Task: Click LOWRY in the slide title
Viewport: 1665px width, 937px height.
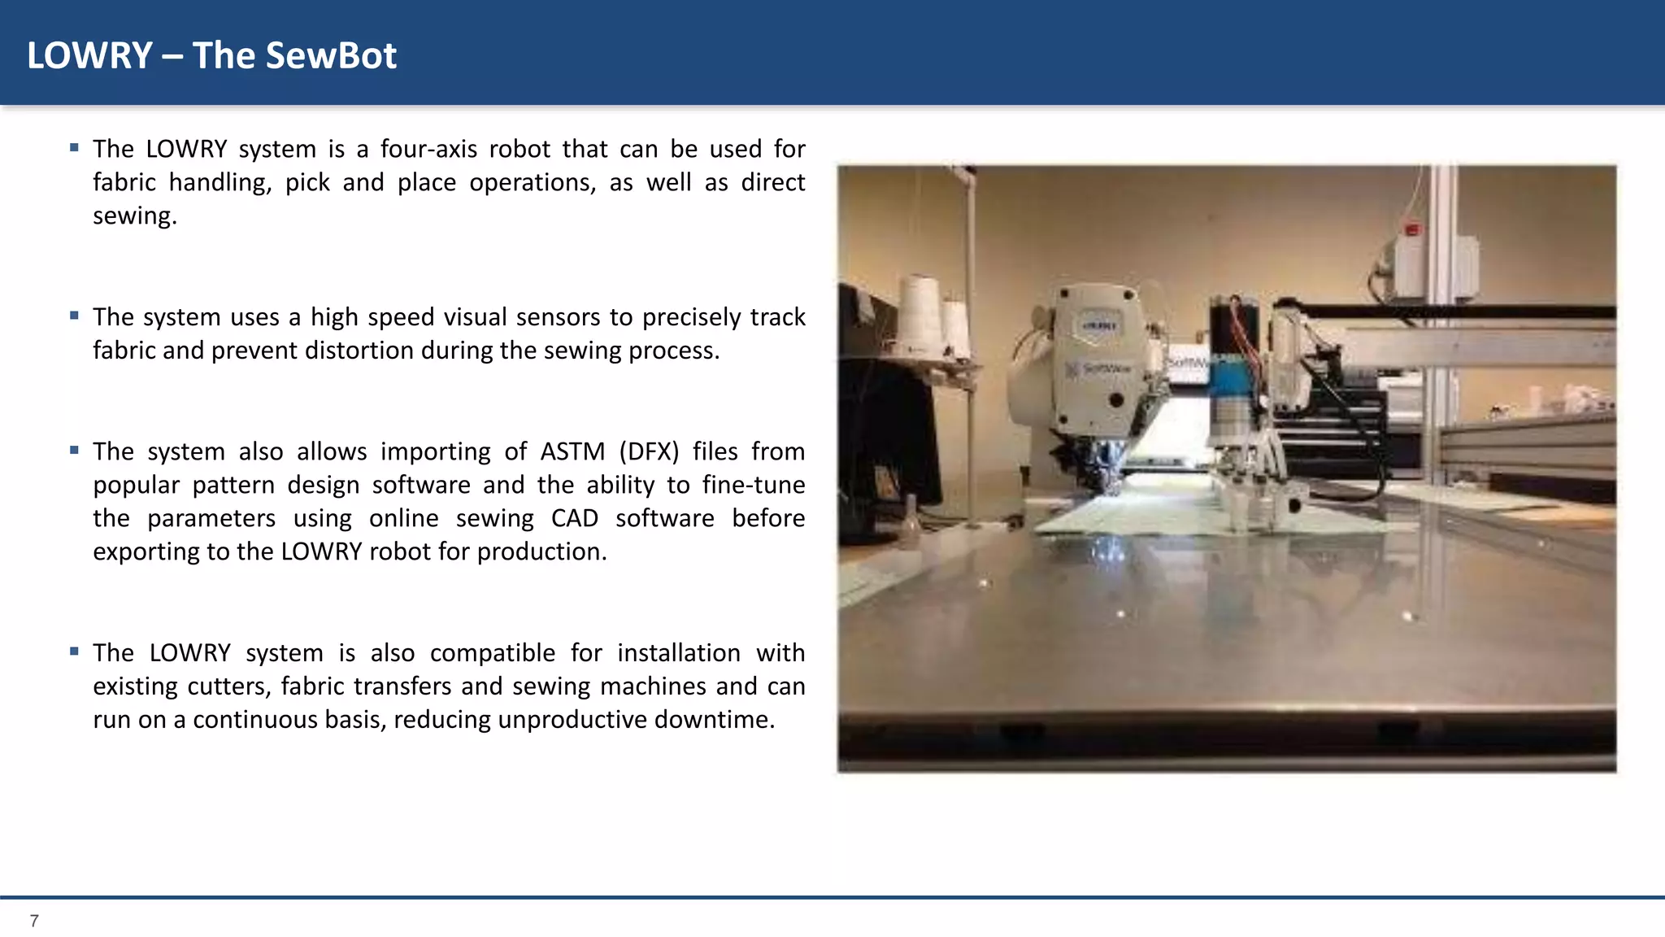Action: click(x=89, y=56)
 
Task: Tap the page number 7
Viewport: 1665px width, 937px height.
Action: click(x=34, y=921)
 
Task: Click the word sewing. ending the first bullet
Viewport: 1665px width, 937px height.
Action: click(x=134, y=216)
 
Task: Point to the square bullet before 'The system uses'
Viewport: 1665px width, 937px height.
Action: click(x=74, y=316)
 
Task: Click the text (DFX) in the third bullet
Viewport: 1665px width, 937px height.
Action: click(x=648, y=451)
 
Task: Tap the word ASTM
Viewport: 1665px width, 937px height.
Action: click(x=572, y=451)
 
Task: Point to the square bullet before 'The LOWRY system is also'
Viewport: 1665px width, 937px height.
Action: click(x=74, y=652)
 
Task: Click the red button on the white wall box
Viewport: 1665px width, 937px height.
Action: click(x=1412, y=230)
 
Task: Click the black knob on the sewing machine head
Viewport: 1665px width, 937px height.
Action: click(x=1116, y=400)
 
